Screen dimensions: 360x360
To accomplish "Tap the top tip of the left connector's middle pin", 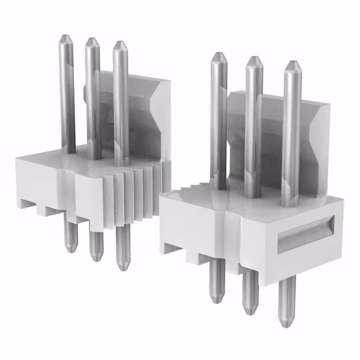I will pos(92,39).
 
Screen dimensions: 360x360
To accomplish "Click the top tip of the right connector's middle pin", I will pos(254,58).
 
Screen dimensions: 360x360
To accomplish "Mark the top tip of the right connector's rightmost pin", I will pos(291,62).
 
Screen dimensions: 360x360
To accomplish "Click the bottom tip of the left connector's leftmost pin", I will pos(70,250).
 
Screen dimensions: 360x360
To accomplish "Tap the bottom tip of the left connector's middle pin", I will pos(96,258).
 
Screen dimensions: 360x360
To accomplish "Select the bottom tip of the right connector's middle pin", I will pos(249,312).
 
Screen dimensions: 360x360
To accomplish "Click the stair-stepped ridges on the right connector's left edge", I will pos(186,183).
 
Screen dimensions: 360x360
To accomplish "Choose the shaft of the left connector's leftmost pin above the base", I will pos(68,96).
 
